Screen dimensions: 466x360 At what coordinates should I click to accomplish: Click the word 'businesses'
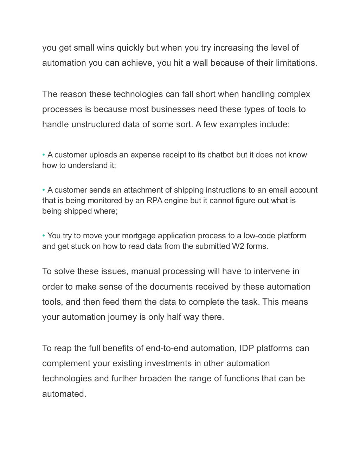coord(173,109)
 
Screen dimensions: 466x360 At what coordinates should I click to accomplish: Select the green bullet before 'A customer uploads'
coord(44,155)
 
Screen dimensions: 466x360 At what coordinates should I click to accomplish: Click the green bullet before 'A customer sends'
coord(44,190)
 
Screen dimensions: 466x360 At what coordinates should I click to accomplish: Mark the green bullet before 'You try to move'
coord(44,236)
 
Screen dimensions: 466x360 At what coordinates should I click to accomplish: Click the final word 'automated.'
coord(64,394)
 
